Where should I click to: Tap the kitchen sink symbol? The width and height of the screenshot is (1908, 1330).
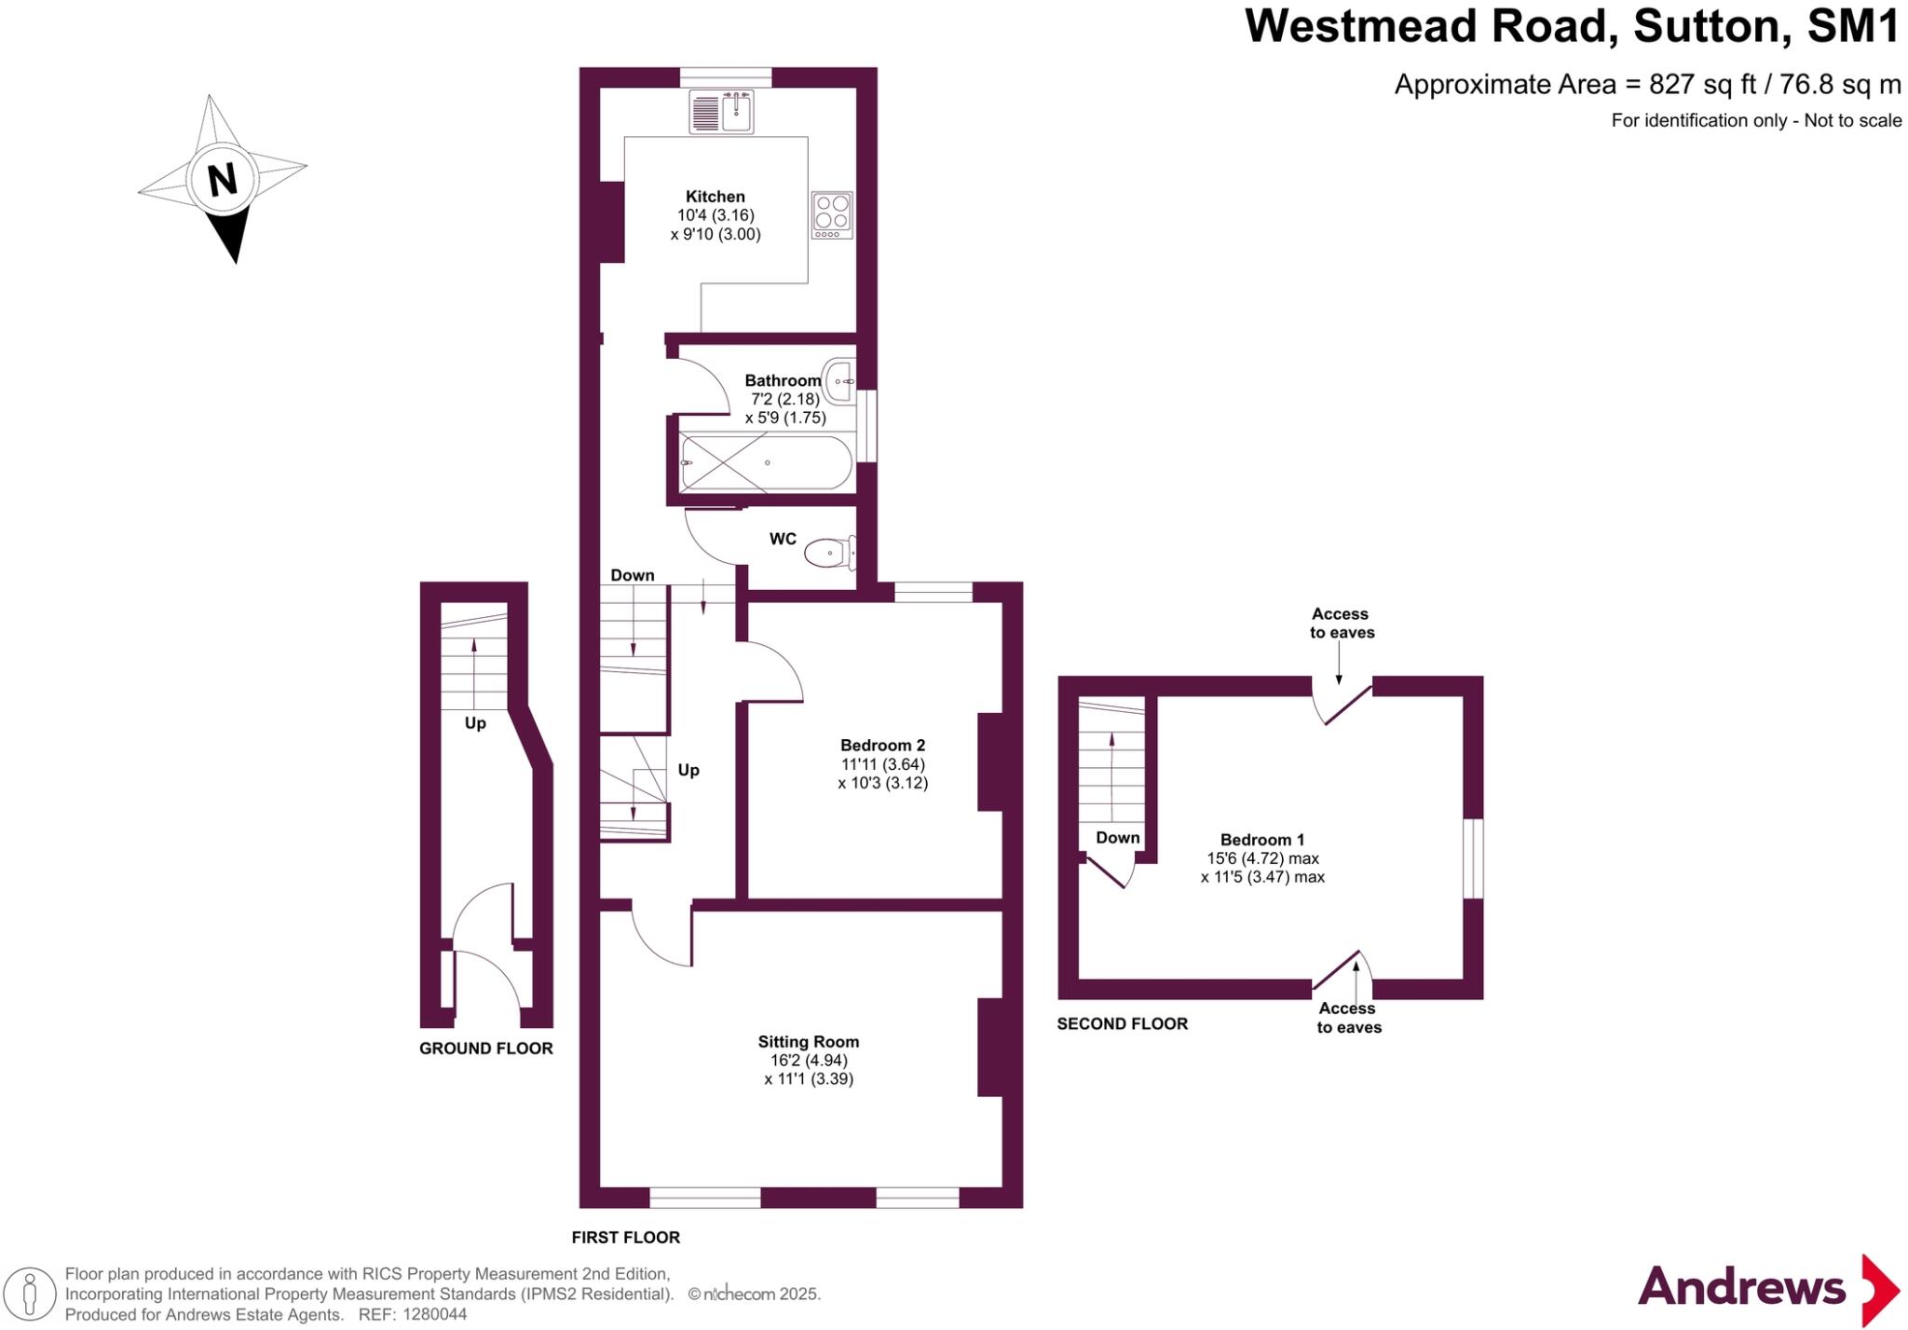click(x=721, y=112)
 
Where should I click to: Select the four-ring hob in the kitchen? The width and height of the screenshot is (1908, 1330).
click(x=831, y=214)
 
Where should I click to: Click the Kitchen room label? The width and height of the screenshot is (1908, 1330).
click(x=715, y=197)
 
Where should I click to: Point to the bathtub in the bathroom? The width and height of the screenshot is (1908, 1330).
click(x=766, y=463)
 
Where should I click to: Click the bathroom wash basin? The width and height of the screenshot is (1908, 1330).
click(x=839, y=381)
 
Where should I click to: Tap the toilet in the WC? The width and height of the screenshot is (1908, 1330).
click(x=829, y=553)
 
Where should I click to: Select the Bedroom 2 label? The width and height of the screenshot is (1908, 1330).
click(x=882, y=746)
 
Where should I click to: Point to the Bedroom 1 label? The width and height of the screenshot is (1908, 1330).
click(x=1262, y=840)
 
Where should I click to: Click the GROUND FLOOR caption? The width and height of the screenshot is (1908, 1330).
click(x=485, y=1049)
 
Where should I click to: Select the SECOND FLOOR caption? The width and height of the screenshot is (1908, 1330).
click(x=1122, y=1023)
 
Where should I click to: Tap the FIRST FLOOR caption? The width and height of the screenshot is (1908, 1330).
click(x=625, y=1238)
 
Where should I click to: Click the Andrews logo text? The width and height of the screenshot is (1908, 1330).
click(x=1740, y=1289)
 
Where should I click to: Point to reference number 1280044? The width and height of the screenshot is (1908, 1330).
click(x=434, y=1315)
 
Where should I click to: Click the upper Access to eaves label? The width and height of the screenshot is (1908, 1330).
click(x=1342, y=624)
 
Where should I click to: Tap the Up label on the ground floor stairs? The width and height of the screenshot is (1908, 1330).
click(x=475, y=723)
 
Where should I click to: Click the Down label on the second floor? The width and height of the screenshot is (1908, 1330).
click(x=1117, y=838)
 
